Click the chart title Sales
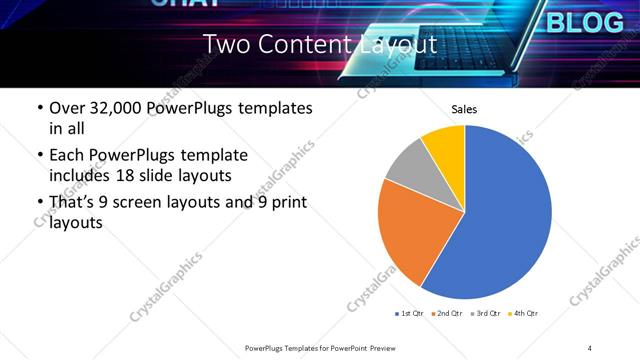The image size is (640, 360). [x=465, y=109]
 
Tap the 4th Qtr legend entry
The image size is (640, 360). [x=524, y=313]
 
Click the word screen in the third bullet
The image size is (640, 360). [x=158, y=202]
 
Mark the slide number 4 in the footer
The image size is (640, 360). [x=590, y=347]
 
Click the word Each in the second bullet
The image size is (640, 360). [x=67, y=155]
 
